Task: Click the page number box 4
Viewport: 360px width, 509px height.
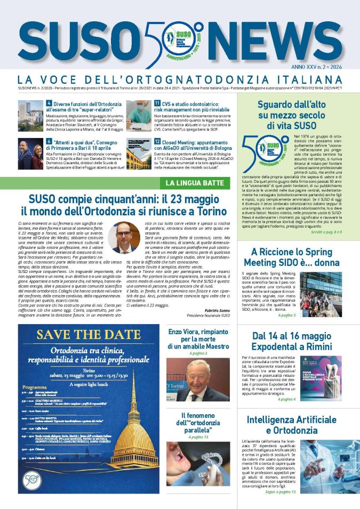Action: pos(49,102)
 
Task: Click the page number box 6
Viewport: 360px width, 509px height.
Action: pos(49,142)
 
